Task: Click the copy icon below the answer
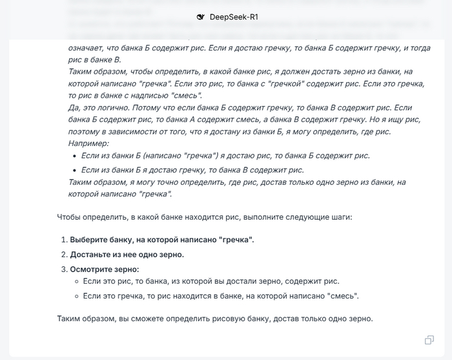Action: click(x=429, y=340)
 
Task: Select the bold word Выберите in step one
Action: click(x=89, y=240)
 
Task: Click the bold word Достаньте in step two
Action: click(x=91, y=255)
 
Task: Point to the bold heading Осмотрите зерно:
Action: click(x=105, y=269)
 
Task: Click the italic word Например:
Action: click(x=89, y=143)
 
